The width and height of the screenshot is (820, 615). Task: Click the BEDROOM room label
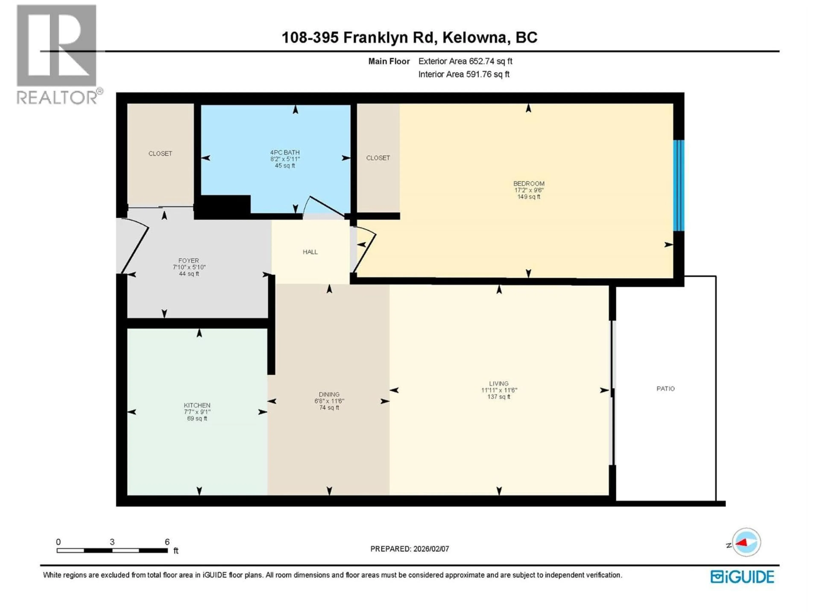529,183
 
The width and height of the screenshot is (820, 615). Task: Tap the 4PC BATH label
285,152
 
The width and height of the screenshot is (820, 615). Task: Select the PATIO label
665,388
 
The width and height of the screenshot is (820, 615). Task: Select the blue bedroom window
678,185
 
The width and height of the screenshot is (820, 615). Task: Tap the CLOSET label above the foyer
160,154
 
